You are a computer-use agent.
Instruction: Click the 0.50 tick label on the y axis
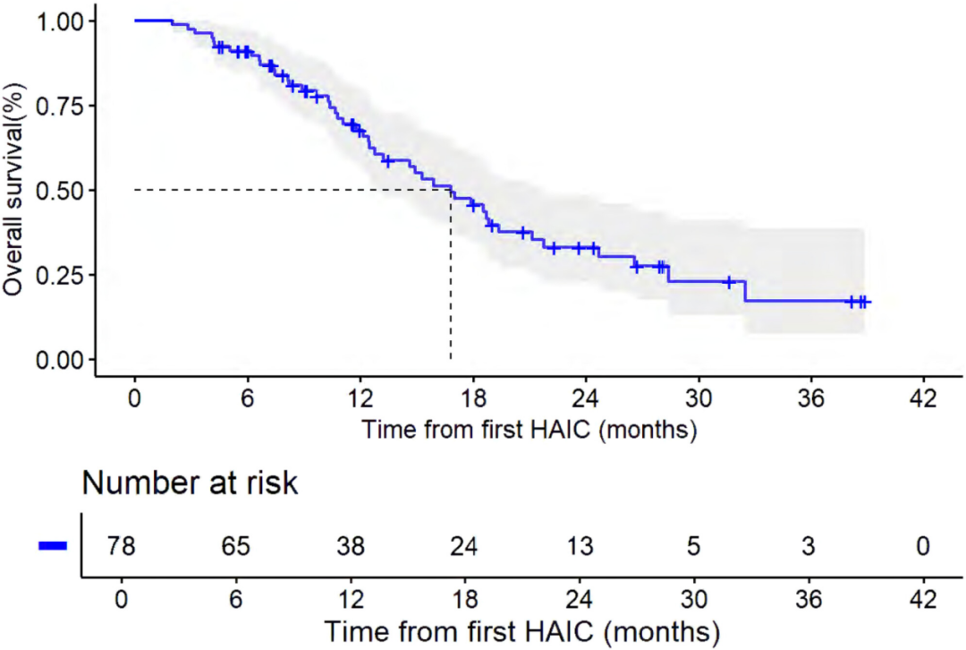(x=61, y=190)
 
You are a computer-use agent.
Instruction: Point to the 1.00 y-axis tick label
(x=61, y=21)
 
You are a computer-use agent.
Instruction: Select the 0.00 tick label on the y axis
(x=61, y=359)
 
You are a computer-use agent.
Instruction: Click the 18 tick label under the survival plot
(x=473, y=397)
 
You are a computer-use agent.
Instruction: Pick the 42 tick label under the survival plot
(x=924, y=397)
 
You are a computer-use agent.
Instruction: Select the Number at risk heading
(x=190, y=483)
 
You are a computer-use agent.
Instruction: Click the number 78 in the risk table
(x=122, y=545)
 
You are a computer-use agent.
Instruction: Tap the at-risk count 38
(x=351, y=545)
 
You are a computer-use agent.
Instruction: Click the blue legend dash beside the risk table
(x=53, y=546)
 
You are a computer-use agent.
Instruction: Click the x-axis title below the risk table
(x=522, y=629)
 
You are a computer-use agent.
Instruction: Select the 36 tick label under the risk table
(x=809, y=597)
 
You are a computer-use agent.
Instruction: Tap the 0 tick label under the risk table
(x=122, y=597)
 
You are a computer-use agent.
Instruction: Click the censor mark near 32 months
(x=729, y=282)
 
